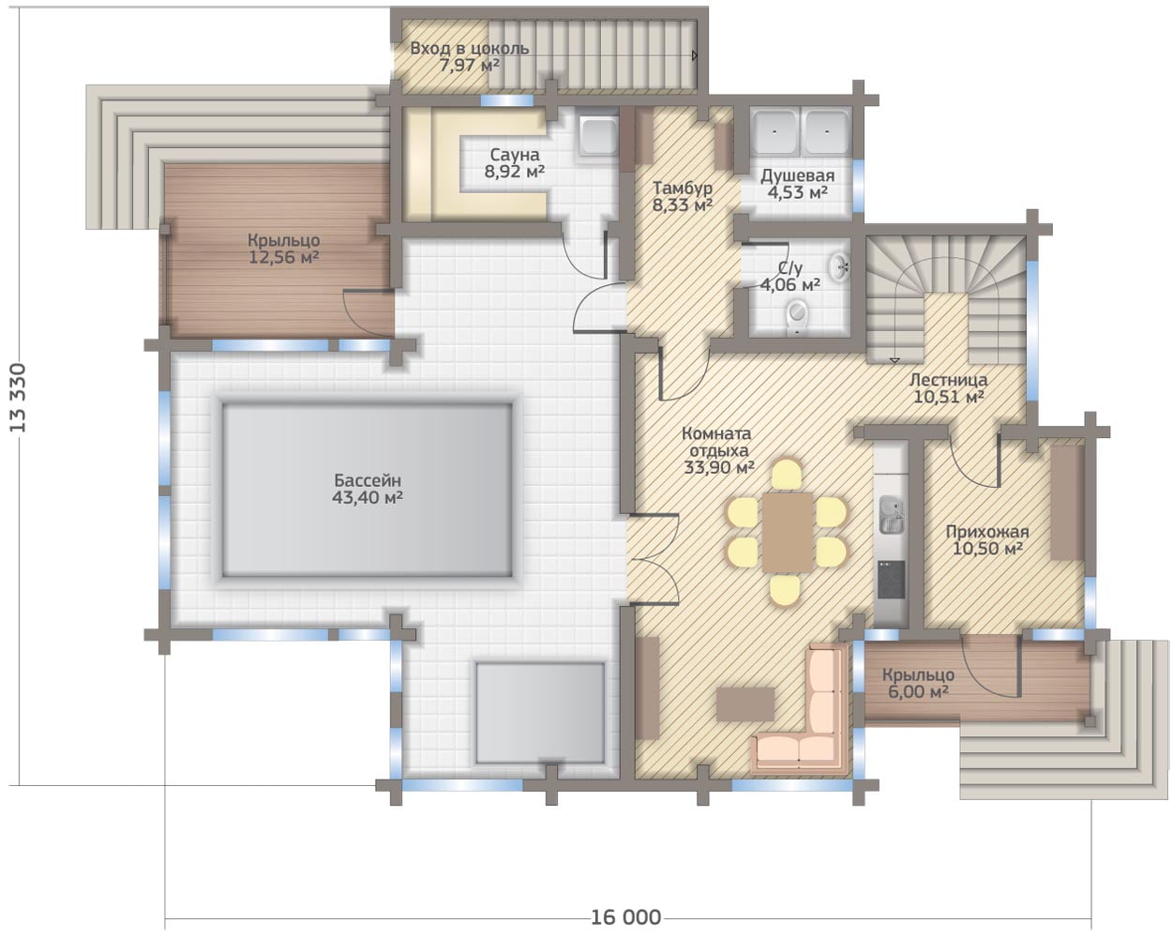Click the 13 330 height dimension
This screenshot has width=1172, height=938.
click(18, 398)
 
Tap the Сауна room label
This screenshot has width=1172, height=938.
click(515, 155)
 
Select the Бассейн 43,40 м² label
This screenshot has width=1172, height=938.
click(367, 489)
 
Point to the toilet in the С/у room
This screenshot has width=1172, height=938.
click(797, 316)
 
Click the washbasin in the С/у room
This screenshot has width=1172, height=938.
click(839, 267)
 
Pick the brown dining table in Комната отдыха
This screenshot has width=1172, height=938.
click(787, 533)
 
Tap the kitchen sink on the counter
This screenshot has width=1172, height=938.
click(892, 515)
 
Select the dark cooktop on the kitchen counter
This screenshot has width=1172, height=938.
click(892, 580)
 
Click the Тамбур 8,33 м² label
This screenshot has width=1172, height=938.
click(683, 196)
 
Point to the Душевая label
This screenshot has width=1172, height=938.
click(797, 175)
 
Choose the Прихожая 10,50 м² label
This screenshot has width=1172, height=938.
click(987, 539)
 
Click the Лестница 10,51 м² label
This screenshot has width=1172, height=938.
click(949, 387)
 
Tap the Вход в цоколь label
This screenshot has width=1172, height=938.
click(469, 49)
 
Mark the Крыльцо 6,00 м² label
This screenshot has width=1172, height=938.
click(918, 683)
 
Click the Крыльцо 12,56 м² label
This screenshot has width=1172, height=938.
click(284, 249)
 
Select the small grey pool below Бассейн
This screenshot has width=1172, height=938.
click(540, 713)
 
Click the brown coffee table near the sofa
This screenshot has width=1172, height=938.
click(745, 704)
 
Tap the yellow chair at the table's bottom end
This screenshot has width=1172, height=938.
click(785, 590)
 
